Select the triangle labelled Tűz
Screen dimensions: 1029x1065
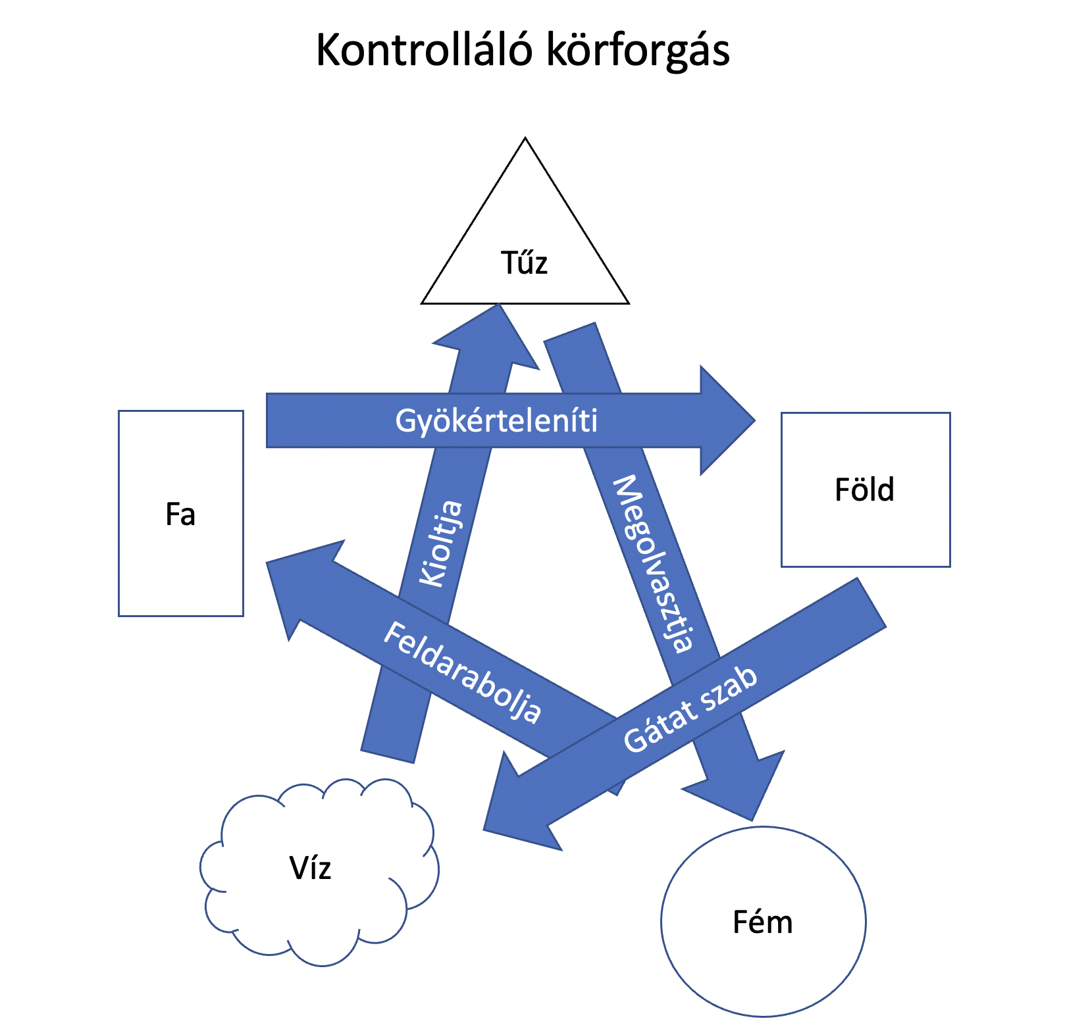(x=525, y=224)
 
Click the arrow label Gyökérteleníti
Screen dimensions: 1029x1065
(x=496, y=421)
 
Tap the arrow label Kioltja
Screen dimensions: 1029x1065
(x=442, y=543)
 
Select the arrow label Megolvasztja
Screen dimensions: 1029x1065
(x=653, y=563)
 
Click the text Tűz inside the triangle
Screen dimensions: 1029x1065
(x=525, y=263)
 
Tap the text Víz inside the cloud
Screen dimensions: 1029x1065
(x=310, y=868)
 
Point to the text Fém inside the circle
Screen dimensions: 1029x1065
(x=763, y=922)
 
